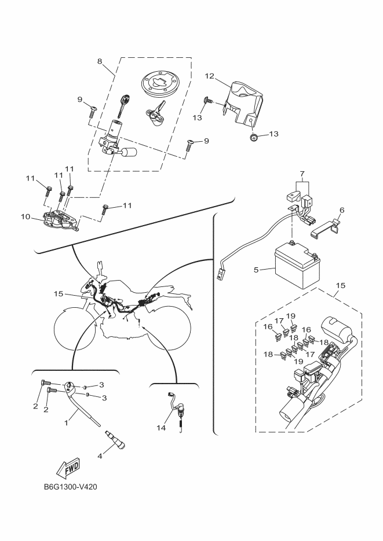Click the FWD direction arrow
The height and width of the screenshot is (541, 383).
[68, 468]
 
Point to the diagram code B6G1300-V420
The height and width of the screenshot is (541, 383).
[71, 487]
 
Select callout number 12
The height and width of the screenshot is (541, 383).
[210, 76]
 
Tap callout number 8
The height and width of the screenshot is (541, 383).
[100, 61]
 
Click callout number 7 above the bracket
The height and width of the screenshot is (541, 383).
[302, 173]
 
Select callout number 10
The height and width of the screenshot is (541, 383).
[25, 216]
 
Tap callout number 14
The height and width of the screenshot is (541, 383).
[161, 428]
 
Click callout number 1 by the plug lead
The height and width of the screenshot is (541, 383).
[66, 422]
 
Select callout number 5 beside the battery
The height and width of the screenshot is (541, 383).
[256, 270]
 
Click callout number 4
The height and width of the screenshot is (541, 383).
[100, 456]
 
